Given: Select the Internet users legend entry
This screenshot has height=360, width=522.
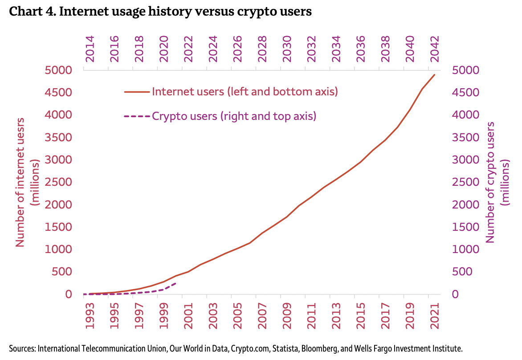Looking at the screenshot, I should click(245, 92).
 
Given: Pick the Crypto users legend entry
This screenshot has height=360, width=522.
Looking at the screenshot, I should click(234, 116).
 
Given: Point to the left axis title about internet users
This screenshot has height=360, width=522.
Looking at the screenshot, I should click(27, 182).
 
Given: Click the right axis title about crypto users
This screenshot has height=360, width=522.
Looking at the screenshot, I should click(498, 182).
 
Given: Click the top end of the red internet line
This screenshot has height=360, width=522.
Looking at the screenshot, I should click(434, 74).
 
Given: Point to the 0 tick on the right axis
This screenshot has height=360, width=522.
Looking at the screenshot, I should click(455, 294).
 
